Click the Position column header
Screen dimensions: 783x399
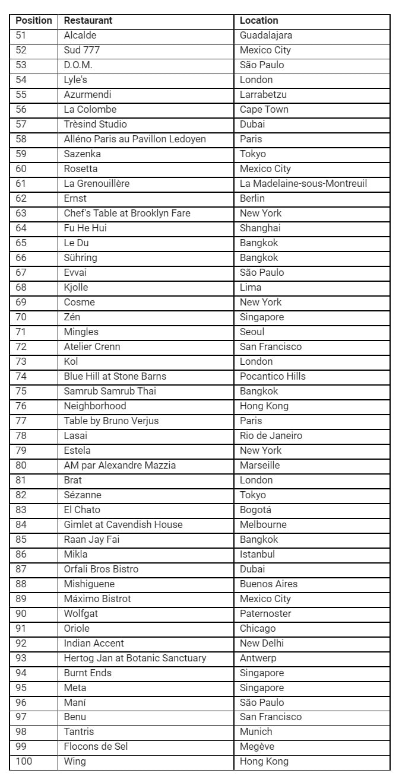click(x=34, y=20)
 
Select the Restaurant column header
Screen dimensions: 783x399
click(x=88, y=20)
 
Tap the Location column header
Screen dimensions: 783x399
click(x=259, y=20)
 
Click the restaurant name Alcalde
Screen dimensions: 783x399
click(x=80, y=35)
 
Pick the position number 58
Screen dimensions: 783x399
click(x=21, y=139)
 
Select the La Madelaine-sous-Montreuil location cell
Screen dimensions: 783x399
click(x=303, y=183)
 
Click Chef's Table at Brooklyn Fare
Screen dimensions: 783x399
click(x=127, y=213)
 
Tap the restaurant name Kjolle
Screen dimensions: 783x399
click(x=76, y=287)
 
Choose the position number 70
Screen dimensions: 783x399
click(x=21, y=317)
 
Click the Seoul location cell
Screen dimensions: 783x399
click(x=252, y=332)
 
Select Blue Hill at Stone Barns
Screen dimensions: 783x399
click(x=115, y=376)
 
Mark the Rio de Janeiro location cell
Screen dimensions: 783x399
click(x=271, y=435)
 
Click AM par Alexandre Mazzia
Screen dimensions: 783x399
click(x=120, y=465)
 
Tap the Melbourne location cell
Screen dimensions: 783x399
click(x=263, y=524)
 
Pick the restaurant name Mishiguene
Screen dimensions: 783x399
click(x=89, y=584)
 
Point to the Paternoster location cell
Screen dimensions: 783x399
click(x=265, y=613)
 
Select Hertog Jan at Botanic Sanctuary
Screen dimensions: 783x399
click(x=135, y=658)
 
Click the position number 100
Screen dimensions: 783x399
click(x=24, y=761)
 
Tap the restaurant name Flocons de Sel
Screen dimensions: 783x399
click(x=96, y=746)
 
